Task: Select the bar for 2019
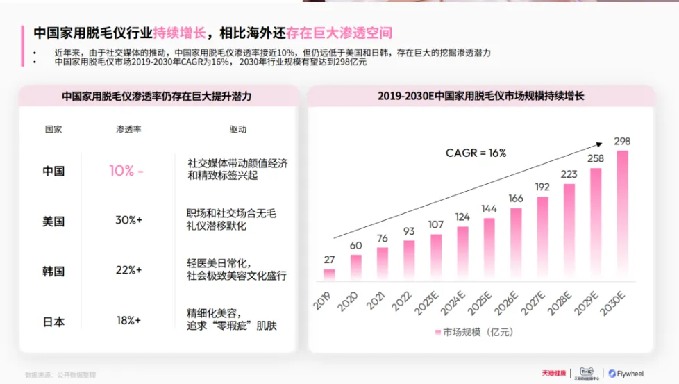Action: pos(329,274)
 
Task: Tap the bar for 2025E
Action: pos(489,249)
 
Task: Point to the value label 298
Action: pos(622,142)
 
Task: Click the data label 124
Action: pos(463,217)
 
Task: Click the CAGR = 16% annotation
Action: pos(476,153)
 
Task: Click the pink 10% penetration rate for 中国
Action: pos(121,171)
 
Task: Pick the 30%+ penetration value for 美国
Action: pos(128,220)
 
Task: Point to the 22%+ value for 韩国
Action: pos(128,270)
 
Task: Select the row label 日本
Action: pos(53,322)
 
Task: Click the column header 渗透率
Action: pos(128,129)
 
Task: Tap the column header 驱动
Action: pos(237,129)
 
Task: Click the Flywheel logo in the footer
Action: pos(626,374)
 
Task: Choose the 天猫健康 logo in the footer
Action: pos(554,374)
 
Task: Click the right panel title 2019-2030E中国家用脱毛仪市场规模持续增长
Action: pos(480,96)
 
